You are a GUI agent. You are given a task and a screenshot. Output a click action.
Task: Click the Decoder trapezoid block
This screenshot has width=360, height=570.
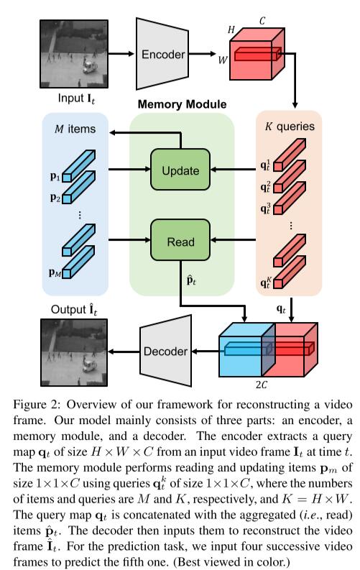tap(166, 351)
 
